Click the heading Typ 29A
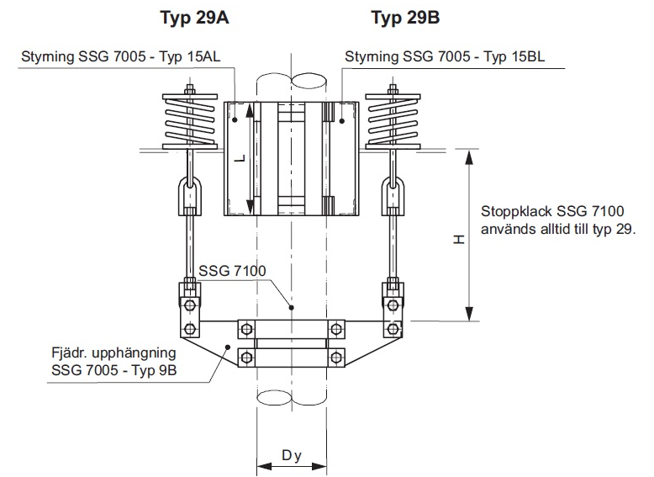point(194,17)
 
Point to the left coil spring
point(191,123)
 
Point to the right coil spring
point(393,123)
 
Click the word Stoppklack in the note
point(512,212)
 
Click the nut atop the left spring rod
point(191,87)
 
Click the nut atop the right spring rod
point(393,87)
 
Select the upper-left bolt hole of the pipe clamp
point(246,328)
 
